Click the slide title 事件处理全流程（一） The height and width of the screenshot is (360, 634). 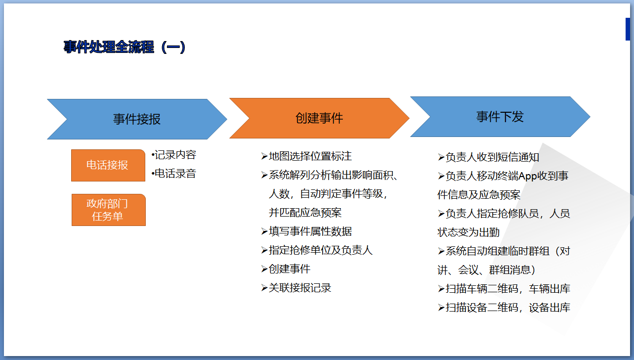click(125, 47)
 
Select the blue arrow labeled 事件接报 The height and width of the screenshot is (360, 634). click(137, 119)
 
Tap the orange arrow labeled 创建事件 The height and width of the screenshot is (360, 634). click(319, 118)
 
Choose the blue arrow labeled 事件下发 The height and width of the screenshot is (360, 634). click(500, 117)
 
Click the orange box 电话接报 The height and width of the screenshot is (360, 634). click(108, 165)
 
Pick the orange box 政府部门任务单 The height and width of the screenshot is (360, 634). click(109, 210)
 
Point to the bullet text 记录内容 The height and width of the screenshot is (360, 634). click(174, 155)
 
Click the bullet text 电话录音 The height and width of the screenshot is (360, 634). click(174, 174)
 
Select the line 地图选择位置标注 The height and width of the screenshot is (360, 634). click(306, 156)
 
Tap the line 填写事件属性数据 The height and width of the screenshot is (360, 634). click(306, 231)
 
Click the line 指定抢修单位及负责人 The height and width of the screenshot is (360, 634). click(317, 250)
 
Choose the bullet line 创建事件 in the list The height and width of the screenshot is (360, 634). click(286, 269)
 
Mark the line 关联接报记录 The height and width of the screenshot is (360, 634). click(296, 288)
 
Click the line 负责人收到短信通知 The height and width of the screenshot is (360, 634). click(488, 157)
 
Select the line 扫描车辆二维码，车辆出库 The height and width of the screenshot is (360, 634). click(504, 289)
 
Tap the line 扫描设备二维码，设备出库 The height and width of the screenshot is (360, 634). click(504, 308)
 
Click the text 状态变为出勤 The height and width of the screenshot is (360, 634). click(468, 232)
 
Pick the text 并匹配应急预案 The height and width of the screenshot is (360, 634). click(305, 213)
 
